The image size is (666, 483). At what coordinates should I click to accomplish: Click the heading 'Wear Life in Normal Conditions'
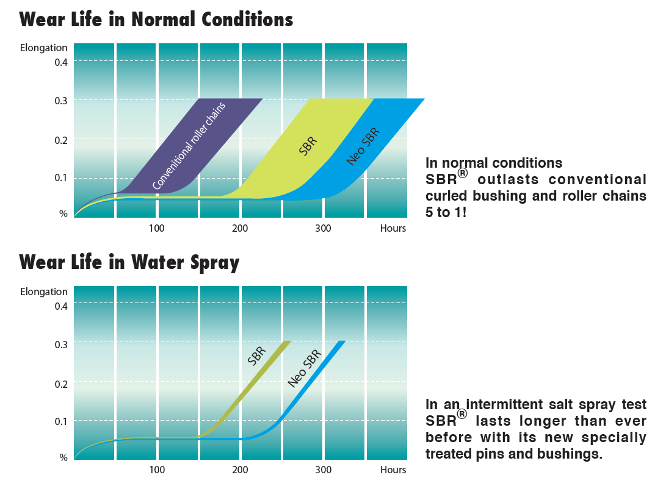click(x=156, y=20)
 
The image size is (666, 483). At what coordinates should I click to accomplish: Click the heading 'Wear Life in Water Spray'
click(x=129, y=262)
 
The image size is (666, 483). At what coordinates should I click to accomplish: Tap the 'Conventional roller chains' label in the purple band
click(x=189, y=146)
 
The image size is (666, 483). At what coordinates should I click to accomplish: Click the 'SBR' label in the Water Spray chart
click(x=257, y=356)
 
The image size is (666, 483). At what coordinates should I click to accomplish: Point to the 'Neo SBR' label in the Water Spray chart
click(x=305, y=369)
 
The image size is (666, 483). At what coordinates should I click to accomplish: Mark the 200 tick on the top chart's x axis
click(x=240, y=228)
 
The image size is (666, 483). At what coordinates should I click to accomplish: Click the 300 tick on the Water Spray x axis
click(x=323, y=470)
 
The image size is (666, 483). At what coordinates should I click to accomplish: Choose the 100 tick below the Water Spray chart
click(x=157, y=470)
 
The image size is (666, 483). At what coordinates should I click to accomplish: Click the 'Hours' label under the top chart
click(x=393, y=228)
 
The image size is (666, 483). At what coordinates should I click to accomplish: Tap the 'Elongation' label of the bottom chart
click(x=43, y=292)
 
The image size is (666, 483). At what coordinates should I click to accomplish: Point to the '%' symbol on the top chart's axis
click(x=63, y=213)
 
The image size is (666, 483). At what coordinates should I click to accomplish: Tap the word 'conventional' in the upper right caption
click(x=597, y=179)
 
